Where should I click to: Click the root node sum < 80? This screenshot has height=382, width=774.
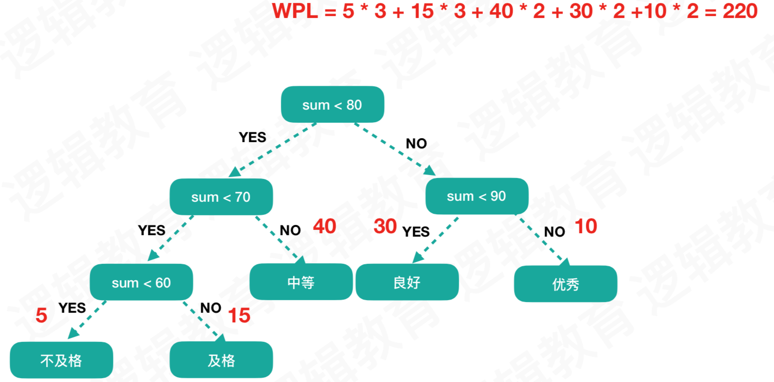click(x=332, y=104)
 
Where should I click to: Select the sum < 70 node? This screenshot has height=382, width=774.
click(x=221, y=197)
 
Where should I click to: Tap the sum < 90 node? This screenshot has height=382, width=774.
click(x=476, y=196)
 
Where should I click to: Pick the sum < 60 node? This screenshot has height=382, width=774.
click(x=141, y=282)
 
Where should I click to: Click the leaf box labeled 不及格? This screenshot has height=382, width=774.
click(x=61, y=360)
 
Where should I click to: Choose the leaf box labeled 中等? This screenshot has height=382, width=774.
click(x=301, y=282)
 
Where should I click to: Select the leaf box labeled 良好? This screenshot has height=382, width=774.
click(x=407, y=282)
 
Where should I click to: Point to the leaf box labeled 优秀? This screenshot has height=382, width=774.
click(x=565, y=284)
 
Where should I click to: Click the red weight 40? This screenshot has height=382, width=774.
click(x=324, y=226)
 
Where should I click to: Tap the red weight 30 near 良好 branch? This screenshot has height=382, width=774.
click(x=385, y=226)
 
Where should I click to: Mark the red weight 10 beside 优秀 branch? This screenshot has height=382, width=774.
click(x=585, y=226)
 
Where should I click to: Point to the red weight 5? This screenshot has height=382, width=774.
click(x=41, y=316)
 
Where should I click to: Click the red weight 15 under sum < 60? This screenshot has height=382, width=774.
click(x=239, y=316)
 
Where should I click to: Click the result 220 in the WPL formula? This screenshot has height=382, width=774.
click(x=740, y=11)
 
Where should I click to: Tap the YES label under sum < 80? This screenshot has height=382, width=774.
click(x=252, y=137)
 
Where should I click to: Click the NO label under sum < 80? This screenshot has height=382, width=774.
click(x=416, y=143)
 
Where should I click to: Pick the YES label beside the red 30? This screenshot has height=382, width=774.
click(x=416, y=232)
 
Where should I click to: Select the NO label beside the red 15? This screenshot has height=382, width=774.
click(x=210, y=308)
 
